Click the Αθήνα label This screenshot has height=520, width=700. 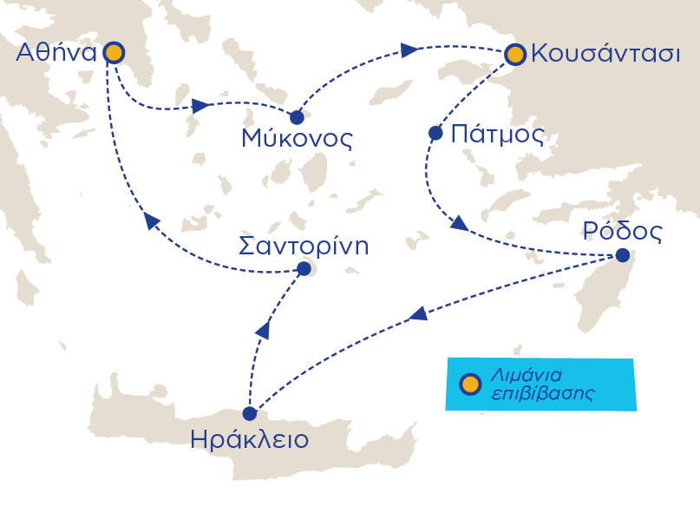tap(56, 54)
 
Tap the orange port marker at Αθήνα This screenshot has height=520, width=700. tap(113, 54)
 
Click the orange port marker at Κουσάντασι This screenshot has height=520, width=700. tap(515, 55)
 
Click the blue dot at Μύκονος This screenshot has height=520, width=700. tap(297, 116)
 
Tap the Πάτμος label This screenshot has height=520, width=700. tap(498, 135)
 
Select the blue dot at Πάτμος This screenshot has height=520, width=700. tap(435, 134)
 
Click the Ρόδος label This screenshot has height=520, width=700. tap(623, 232)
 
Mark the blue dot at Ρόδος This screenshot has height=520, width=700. tap(622, 255)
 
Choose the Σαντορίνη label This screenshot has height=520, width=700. tap(304, 246)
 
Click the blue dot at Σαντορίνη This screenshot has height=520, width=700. tap(304, 269)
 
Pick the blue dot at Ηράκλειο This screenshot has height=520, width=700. tap(250, 413)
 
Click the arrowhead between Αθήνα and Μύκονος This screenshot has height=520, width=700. tap(200, 107)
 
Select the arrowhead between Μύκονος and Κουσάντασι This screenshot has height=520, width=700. tap(408, 50)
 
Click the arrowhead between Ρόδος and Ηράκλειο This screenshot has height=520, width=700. tap(418, 314)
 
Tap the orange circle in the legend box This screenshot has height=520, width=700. tap(469, 384)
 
